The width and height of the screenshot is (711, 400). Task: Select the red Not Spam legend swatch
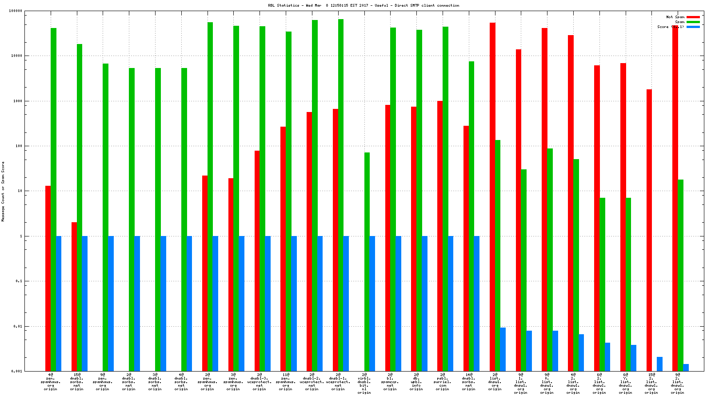(x=693, y=17)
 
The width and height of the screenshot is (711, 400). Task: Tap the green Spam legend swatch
(x=693, y=22)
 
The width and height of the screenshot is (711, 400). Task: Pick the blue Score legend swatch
(x=693, y=27)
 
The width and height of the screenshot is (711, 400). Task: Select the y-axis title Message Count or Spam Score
(x=3, y=192)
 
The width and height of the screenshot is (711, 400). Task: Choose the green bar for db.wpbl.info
(x=419, y=200)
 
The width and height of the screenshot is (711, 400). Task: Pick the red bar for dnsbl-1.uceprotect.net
(x=336, y=240)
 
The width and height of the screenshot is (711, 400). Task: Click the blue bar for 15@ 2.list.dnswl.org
(x=659, y=364)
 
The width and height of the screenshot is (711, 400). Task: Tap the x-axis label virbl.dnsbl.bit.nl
(x=364, y=384)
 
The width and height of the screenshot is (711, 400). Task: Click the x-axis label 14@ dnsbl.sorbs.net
(x=468, y=382)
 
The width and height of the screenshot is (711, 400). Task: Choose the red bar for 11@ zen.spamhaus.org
(x=283, y=249)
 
